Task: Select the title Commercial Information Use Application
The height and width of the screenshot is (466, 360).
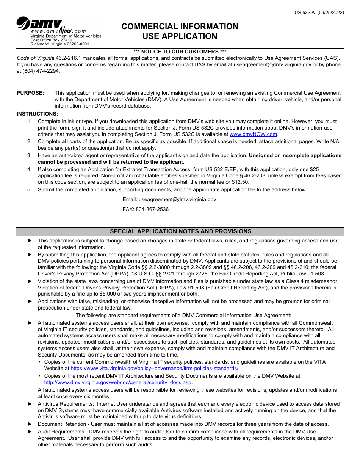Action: point(180,31)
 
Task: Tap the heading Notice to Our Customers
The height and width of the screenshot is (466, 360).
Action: point(180,52)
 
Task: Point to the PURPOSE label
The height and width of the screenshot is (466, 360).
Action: point(30,93)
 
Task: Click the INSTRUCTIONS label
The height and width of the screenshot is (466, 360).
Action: point(37,114)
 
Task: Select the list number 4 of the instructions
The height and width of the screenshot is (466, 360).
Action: point(29,169)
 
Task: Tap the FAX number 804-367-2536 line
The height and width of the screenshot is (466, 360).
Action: point(146,209)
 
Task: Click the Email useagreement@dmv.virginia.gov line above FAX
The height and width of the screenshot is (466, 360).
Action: point(169,199)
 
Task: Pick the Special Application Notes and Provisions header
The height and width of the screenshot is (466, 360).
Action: point(180,231)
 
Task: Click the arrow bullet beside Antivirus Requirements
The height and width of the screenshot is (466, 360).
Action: point(30,404)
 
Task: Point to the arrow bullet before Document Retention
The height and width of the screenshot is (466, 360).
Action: point(30,424)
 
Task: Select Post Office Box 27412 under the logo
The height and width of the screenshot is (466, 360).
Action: point(51,40)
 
